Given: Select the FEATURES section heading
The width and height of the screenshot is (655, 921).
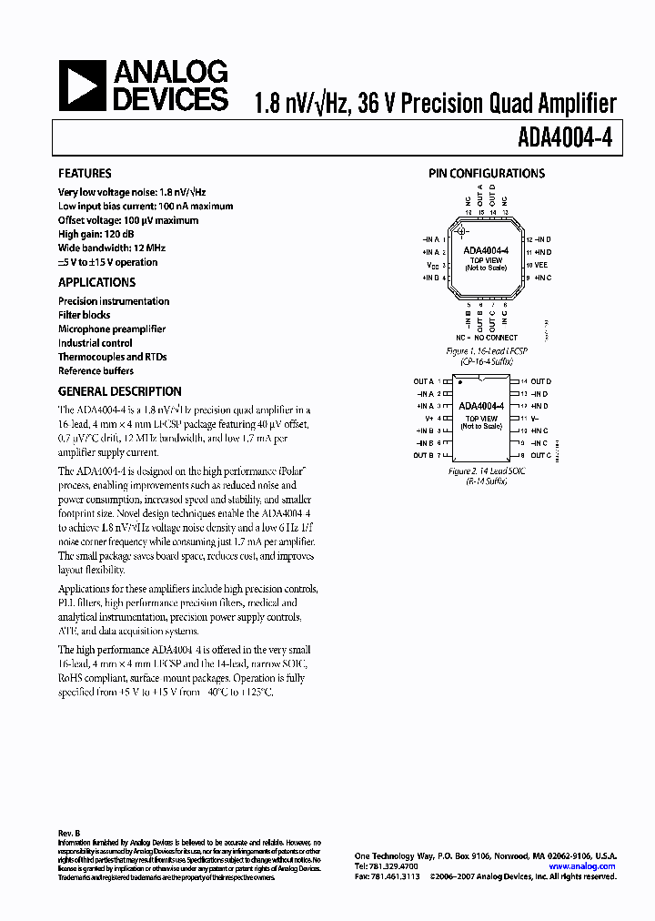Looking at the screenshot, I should point(85,173).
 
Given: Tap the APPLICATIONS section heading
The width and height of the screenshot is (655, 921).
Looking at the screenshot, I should point(96,282).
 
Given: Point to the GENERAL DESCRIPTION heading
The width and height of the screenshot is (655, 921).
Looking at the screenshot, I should point(119,391).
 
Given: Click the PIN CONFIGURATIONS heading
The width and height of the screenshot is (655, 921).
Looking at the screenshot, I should point(487,173).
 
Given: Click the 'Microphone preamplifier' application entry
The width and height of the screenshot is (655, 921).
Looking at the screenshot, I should point(112,329).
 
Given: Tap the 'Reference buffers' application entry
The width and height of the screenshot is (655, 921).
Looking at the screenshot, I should point(96,370).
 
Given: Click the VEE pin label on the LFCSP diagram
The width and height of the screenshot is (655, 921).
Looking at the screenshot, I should point(541,264).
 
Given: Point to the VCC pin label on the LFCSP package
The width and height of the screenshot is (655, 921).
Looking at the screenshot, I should point(432,265).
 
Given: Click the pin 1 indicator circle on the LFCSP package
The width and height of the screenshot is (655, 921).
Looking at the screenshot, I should point(461,231).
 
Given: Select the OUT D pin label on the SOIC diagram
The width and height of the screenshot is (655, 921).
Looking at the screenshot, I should point(541,381).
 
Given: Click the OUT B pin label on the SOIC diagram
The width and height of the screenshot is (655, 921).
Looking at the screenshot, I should point(423,454).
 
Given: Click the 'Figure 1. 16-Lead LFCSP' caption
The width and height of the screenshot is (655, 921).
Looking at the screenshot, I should point(487,350).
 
